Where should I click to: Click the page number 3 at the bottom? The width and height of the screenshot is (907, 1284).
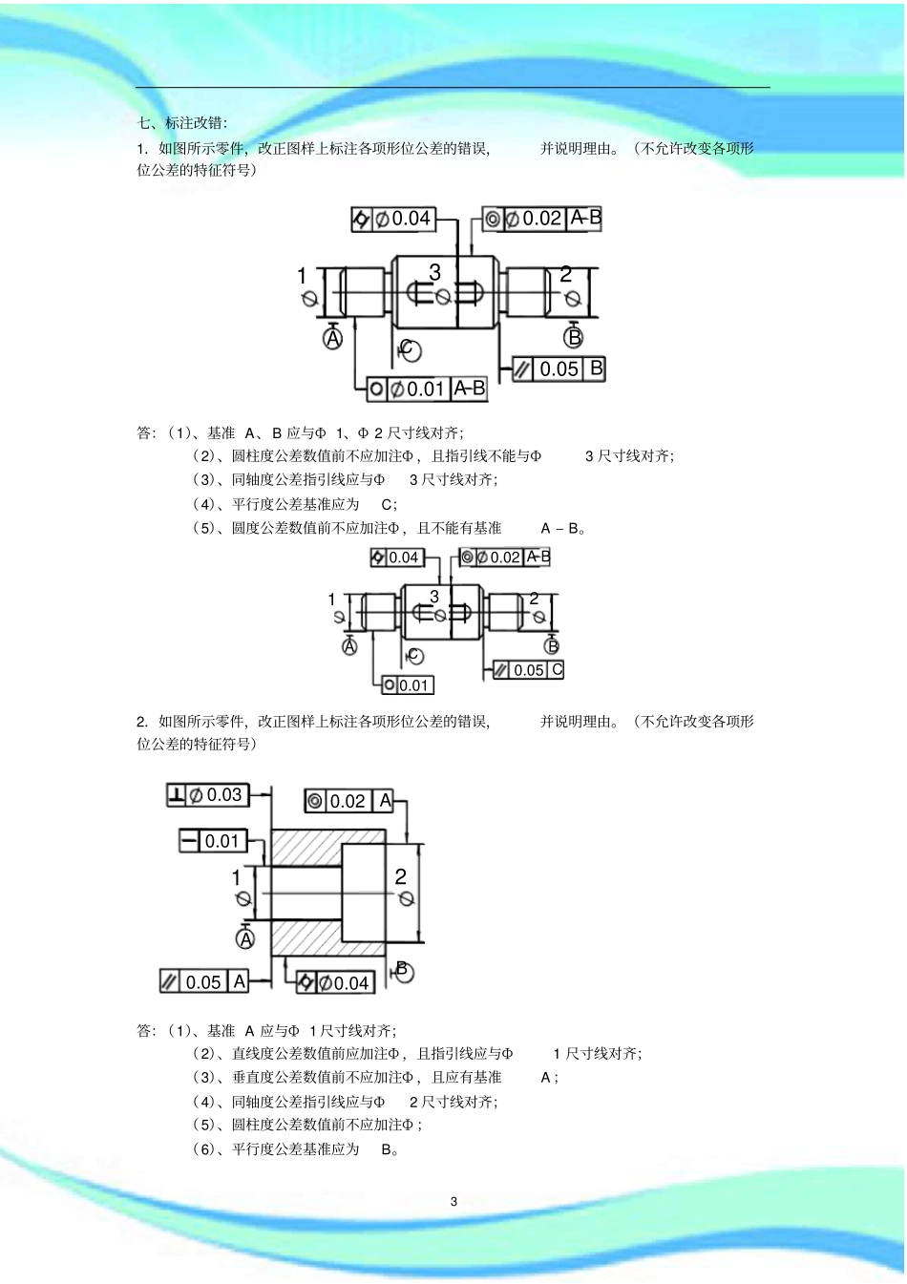453,1201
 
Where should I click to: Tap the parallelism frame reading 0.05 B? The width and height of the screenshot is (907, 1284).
559,368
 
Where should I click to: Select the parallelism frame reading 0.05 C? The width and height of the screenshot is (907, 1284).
529,670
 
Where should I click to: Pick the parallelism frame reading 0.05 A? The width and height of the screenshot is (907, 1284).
204,981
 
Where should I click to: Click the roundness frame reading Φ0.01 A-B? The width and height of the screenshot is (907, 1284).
427,389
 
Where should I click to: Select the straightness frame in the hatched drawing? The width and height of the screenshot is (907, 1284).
213,841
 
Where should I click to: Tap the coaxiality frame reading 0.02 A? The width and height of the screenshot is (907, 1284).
349,801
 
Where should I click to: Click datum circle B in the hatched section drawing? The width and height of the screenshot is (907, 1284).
403,972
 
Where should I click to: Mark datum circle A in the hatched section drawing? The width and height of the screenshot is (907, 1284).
245,939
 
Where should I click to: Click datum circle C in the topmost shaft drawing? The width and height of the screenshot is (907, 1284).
409,349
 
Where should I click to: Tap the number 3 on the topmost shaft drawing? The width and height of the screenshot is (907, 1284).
434,273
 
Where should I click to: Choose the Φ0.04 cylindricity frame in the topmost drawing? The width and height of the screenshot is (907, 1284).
393,219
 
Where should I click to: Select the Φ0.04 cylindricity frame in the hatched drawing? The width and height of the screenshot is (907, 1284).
333,982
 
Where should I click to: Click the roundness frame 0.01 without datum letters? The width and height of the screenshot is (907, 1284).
408,684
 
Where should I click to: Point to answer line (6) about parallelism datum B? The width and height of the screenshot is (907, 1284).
296,1149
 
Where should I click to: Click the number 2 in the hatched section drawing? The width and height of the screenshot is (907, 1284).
401,876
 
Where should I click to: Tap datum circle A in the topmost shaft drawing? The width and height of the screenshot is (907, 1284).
332,338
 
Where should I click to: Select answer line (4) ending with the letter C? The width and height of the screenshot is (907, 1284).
296,504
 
